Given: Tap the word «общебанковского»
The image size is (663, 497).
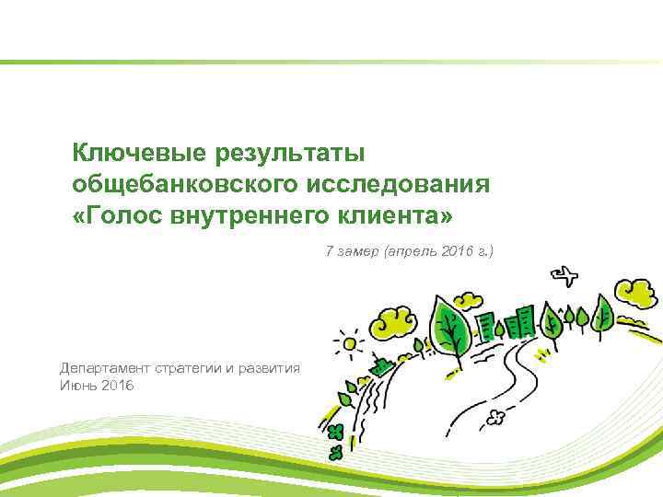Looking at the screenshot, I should click(180, 183).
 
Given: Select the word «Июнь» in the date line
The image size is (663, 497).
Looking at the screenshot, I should click(77, 385).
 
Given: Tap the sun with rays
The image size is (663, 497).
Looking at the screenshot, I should click(349, 343).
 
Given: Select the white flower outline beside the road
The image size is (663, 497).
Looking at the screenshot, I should click(498, 417).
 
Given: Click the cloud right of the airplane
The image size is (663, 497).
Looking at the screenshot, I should click(637, 293).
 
